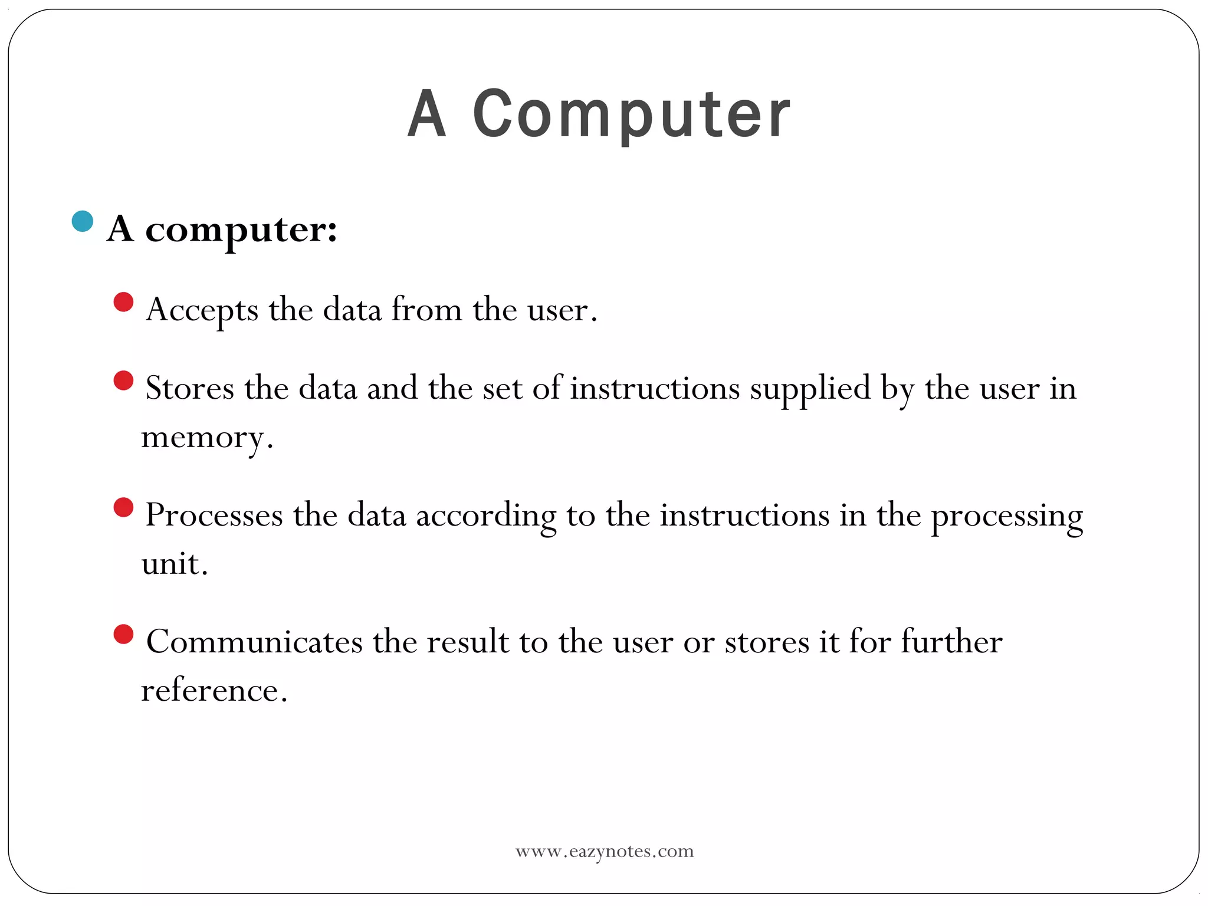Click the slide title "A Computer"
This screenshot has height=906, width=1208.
point(599,114)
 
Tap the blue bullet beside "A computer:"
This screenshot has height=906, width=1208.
point(83,221)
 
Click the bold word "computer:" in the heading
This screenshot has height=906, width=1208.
point(241,229)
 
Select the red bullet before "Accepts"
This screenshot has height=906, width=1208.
point(123,302)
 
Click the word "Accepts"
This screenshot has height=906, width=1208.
point(202,310)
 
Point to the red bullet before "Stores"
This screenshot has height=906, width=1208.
point(123,380)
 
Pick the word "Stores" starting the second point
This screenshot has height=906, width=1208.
point(189,389)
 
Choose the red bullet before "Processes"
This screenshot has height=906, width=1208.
point(123,507)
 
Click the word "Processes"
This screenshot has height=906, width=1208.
point(214,516)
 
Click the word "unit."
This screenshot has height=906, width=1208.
point(175,564)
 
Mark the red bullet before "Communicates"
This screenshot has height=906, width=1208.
point(123,635)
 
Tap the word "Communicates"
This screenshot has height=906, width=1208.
point(254,642)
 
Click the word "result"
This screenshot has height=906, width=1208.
point(468,642)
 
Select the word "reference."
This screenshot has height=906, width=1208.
point(214,690)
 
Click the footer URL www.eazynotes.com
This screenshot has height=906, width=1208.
point(605,851)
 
